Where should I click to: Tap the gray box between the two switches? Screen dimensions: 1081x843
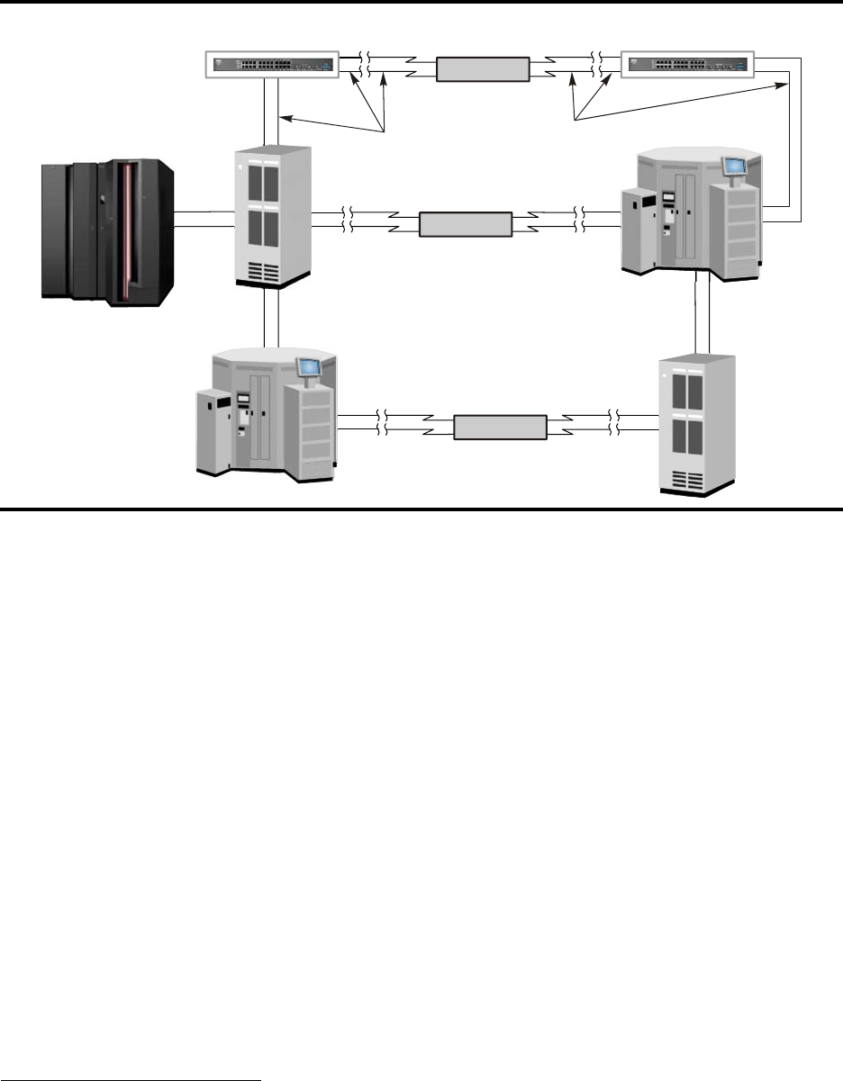482,69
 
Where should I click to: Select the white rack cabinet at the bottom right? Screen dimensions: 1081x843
697,423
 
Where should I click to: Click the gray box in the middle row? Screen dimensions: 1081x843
466,224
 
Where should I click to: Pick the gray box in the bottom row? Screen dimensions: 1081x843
500,427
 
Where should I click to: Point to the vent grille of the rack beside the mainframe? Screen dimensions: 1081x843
276,270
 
